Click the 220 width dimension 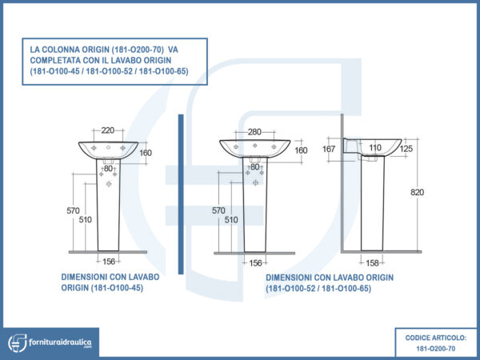tap(107, 130)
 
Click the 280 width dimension tap(254, 131)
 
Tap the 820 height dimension tap(417, 192)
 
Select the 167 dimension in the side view tap(329, 149)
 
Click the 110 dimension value tap(374, 149)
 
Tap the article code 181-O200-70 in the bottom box tap(436, 349)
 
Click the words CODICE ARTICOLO tap(436, 338)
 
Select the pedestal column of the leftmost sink tap(107, 208)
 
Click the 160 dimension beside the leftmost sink tap(145, 153)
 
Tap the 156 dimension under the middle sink tap(255, 262)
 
